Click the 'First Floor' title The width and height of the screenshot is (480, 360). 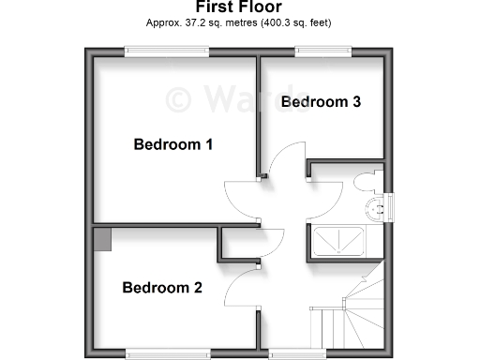(x=240, y=7)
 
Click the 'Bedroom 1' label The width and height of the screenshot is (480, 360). (x=173, y=144)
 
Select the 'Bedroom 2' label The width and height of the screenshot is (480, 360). (x=162, y=288)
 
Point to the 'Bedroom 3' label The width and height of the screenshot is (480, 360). (x=321, y=101)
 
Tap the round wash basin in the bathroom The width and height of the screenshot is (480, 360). (x=379, y=207)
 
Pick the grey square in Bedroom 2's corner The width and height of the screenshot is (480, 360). (x=102, y=238)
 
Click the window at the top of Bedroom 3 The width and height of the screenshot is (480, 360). (x=322, y=51)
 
